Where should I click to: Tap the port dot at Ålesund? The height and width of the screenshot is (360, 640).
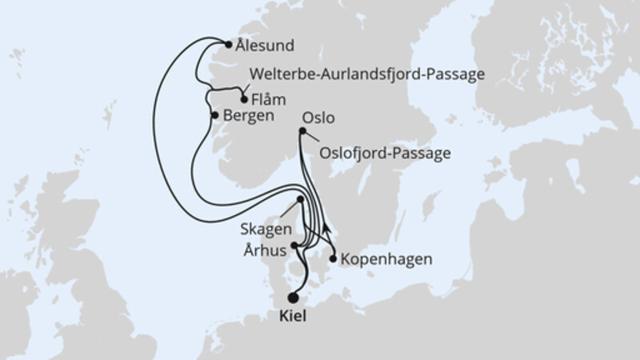228,45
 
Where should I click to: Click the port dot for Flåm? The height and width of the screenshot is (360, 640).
243,100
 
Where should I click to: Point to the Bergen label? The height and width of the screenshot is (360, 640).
249,116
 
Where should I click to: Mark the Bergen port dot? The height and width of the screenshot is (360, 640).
214,115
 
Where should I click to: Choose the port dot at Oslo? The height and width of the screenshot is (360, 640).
302,133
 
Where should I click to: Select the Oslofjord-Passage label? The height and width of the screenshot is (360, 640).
385,152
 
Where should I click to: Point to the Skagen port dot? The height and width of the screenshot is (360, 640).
300,199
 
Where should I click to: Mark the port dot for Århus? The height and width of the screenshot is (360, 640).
295,246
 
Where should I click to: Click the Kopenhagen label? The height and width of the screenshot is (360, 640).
387,260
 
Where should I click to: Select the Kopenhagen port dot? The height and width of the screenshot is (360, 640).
333,259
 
